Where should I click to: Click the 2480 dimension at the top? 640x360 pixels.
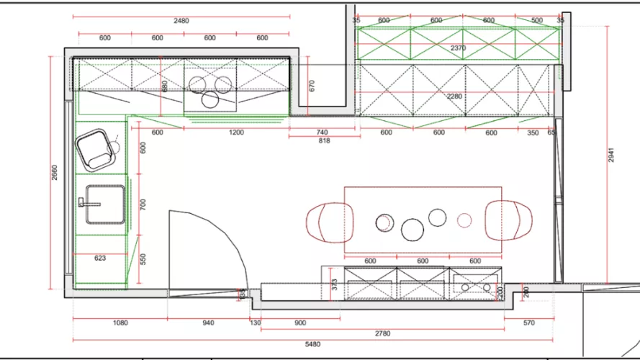[x=181, y=21]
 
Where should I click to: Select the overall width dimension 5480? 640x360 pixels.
[x=312, y=345]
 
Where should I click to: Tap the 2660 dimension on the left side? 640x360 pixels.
[x=55, y=174]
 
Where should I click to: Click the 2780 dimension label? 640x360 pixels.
[x=382, y=333]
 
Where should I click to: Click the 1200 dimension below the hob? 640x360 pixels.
[x=236, y=132]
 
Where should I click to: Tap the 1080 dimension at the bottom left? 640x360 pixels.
[x=120, y=323]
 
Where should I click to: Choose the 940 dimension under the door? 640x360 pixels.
[x=207, y=323]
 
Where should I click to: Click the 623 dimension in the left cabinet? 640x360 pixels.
[x=101, y=257]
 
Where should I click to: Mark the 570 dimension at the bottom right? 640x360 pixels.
[x=529, y=323]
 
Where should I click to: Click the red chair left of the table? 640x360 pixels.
[x=330, y=221]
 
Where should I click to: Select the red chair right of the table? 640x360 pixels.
[x=509, y=220]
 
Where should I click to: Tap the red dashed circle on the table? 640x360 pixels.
[x=465, y=220]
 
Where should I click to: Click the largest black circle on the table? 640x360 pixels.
[x=413, y=229]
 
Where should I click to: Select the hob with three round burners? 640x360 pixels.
[x=212, y=89]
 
